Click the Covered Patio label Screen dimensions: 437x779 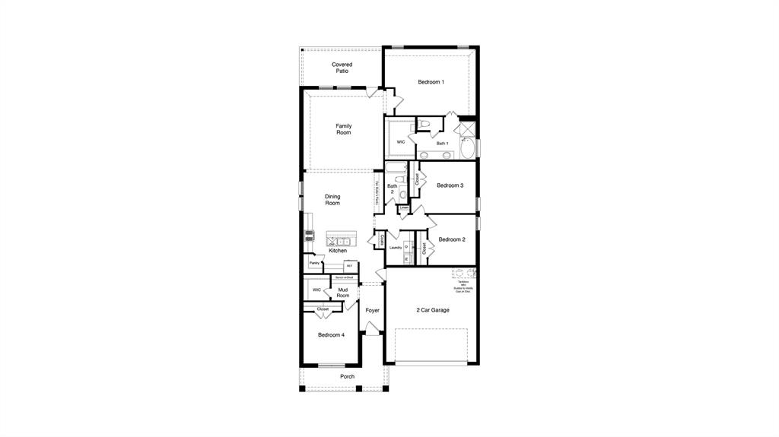tap(342, 68)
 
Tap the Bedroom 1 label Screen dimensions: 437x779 tap(431, 82)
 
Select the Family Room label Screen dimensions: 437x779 tap(344, 129)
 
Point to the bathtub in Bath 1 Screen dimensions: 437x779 tap(467, 147)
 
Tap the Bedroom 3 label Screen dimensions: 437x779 tap(450, 185)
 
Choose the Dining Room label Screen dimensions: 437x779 tap(332, 200)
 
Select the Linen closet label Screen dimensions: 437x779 tap(404, 207)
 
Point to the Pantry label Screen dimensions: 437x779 tap(314, 263)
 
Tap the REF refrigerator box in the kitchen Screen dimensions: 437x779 tap(349, 266)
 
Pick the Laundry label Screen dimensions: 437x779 tap(396, 248)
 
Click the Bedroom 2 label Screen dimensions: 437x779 tap(452, 239)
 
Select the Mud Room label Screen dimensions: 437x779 tap(343, 293)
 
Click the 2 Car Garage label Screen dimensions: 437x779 tap(432, 310)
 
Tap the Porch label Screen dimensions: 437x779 tap(347, 376)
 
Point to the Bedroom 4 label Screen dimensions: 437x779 tap(331, 335)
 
